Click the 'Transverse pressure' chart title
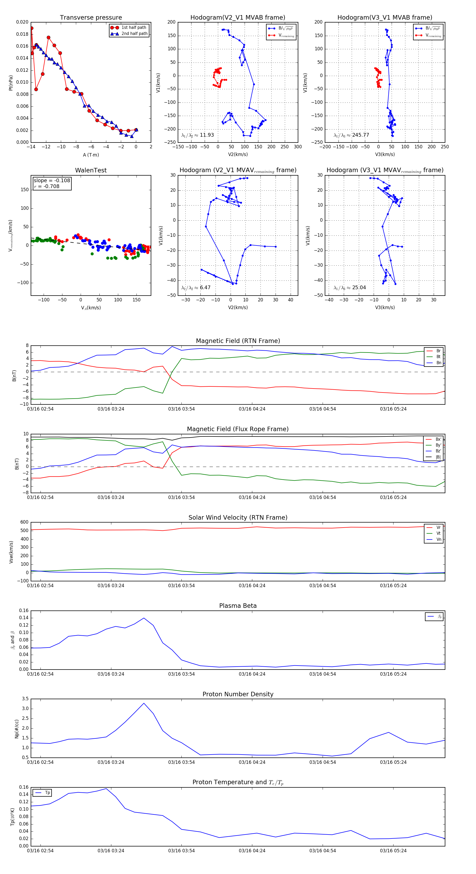(x=91, y=18)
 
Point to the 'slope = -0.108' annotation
(x=52, y=181)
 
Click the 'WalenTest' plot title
(x=91, y=170)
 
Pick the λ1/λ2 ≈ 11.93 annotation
(x=198, y=135)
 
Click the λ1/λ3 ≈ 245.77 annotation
(x=351, y=135)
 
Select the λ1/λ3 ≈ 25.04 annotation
(x=350, y=288)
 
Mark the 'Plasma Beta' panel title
(x=238, y=606)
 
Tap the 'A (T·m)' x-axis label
(x=91, y=155)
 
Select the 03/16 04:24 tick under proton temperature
(x=252, y=851)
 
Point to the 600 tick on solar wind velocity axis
(x=24, y=522)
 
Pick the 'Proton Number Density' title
(x=238, y=694)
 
